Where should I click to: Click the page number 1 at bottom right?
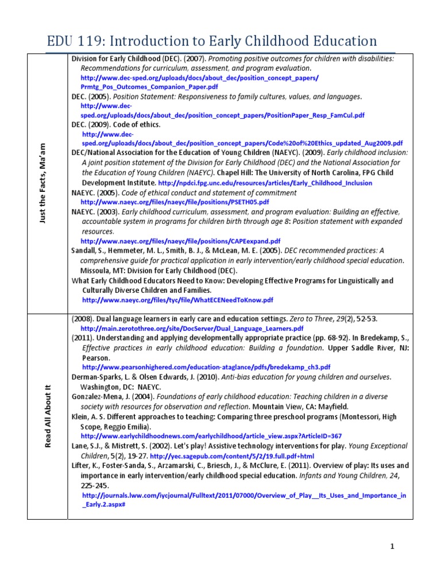392,547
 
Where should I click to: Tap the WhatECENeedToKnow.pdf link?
178,300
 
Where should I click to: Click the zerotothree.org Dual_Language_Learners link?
182,328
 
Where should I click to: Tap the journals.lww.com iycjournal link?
244,495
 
